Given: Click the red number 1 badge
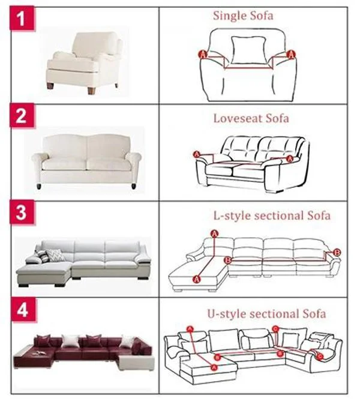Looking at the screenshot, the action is coord(22,19).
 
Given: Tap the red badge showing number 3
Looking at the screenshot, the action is coord(22,213).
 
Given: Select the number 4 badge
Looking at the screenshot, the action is coord(23,310).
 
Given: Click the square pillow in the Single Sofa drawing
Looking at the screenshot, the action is coord(249,50).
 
